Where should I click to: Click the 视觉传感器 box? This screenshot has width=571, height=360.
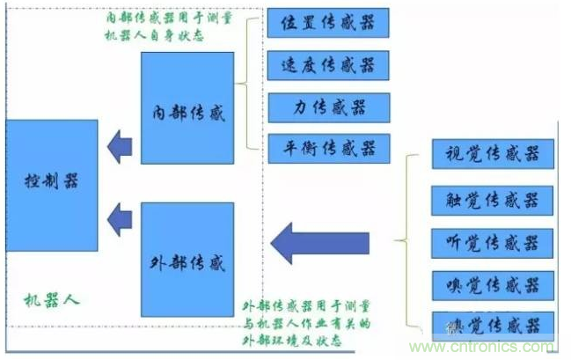point(493,155)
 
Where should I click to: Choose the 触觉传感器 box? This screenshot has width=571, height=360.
point(493,200)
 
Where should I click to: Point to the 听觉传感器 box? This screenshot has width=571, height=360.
point(493,241)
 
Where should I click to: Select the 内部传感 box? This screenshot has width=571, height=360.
point(187,107)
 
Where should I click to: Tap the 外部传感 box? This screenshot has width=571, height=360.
point(187,260)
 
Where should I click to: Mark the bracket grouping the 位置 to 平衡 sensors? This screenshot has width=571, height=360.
point(253,84)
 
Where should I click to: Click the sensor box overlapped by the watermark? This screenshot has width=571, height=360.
point(493,323)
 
